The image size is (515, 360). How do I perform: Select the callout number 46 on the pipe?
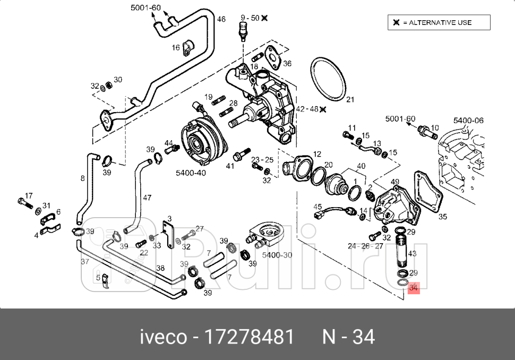221,19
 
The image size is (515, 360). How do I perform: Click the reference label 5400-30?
277,255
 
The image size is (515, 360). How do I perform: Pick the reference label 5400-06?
468,121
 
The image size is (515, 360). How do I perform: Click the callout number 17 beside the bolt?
29,195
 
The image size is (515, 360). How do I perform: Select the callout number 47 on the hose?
147,198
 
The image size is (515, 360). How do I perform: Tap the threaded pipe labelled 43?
402,252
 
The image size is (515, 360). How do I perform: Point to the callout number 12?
317,154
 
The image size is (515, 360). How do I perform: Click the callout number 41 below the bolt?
230,166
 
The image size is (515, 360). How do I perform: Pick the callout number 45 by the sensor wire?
317,206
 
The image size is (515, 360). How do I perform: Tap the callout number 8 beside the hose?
82,178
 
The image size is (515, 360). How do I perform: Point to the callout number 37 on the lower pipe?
85,262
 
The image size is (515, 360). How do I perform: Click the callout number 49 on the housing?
395,182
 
